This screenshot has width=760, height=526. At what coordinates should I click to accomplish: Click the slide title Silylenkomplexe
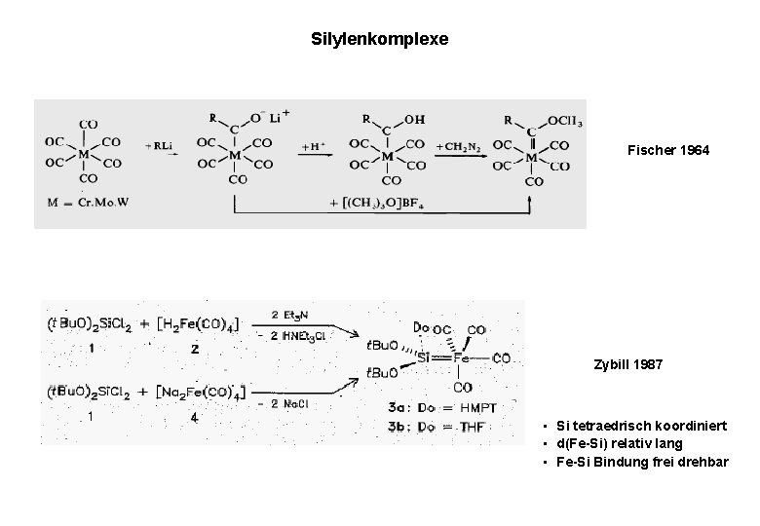pyautogui.click(x=379, y=40)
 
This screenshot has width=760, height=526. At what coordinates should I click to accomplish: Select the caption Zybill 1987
pyautogui.click(x=627, y=364)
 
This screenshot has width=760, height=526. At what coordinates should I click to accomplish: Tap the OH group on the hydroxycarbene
pyautogui.click(x=413, y=120)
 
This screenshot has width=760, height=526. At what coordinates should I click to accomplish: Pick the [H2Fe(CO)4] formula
pyautogui.click(x=197, y=323)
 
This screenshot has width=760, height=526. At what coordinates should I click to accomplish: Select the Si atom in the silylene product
pyautogui.click(x=424, y=358)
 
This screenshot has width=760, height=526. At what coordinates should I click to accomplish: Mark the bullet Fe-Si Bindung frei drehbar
pyautogui.click(x=634, y=461)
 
